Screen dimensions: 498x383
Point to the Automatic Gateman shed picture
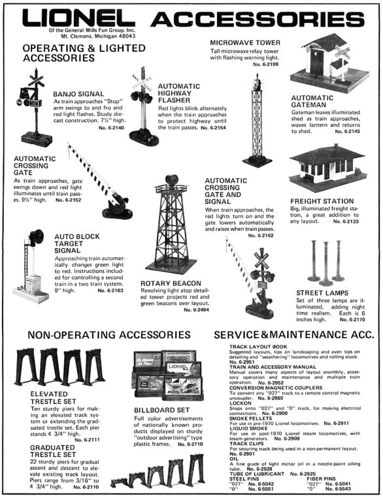tap(325, 62)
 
